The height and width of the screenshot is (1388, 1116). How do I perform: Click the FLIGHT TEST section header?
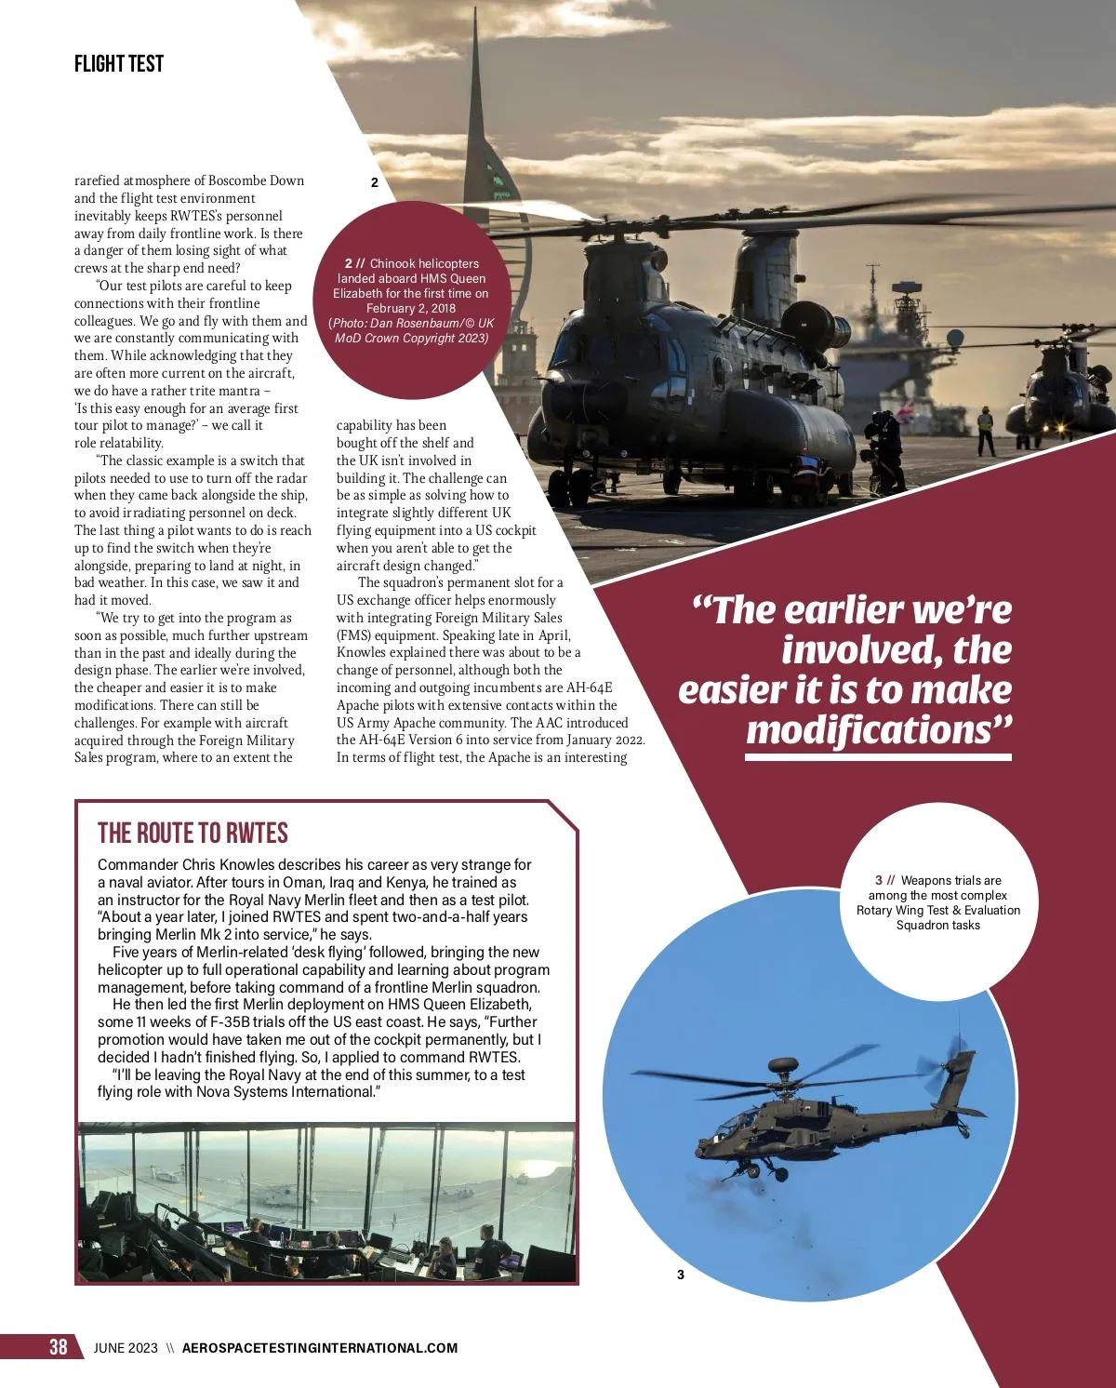[x=119, y=64]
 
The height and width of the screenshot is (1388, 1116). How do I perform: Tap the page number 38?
[x=59, y=1347]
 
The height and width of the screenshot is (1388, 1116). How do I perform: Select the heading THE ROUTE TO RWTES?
[x=193, y=833]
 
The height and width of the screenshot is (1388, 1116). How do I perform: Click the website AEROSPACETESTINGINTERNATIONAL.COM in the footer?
[x=320, y=1348]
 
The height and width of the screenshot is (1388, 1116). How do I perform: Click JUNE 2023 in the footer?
[x=126, y=1348]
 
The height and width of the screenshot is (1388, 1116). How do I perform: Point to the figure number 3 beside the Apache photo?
[x=681, y=1275]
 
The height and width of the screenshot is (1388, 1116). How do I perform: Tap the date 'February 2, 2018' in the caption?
[x=411, y=308]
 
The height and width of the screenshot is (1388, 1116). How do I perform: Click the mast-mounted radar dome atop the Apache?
[x=783, y=1063]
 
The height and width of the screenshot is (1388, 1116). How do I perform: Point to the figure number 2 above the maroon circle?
[x=375, y=182]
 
